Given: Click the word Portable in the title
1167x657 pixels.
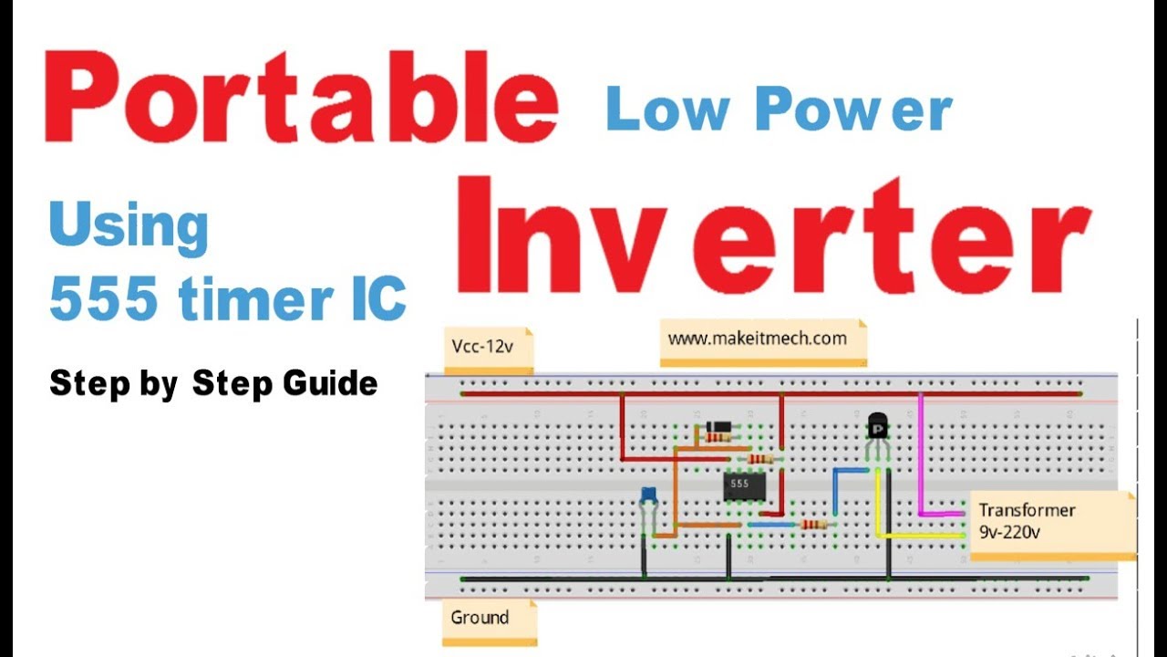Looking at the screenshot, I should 301,99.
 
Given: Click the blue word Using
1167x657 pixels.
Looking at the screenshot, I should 129,228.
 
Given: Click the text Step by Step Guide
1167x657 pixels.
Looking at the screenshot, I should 213,383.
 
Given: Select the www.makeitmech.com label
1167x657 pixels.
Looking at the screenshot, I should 758,339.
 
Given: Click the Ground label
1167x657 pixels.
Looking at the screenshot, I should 480,618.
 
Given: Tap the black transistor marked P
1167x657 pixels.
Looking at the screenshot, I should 877,425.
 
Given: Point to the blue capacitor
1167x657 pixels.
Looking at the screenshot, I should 649,495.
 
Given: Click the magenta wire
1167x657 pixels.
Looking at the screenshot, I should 921,456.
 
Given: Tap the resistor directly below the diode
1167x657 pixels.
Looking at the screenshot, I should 718,438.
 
